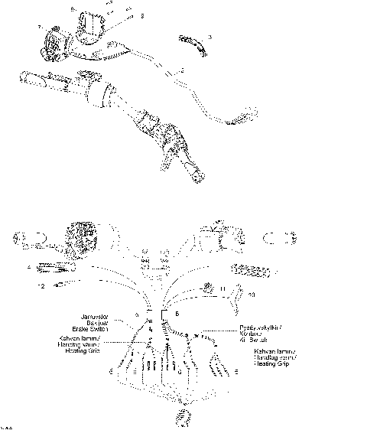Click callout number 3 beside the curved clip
(x=210, y=37)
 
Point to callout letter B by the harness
(x=177, y=314)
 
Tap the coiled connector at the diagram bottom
(x=183, y=415)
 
